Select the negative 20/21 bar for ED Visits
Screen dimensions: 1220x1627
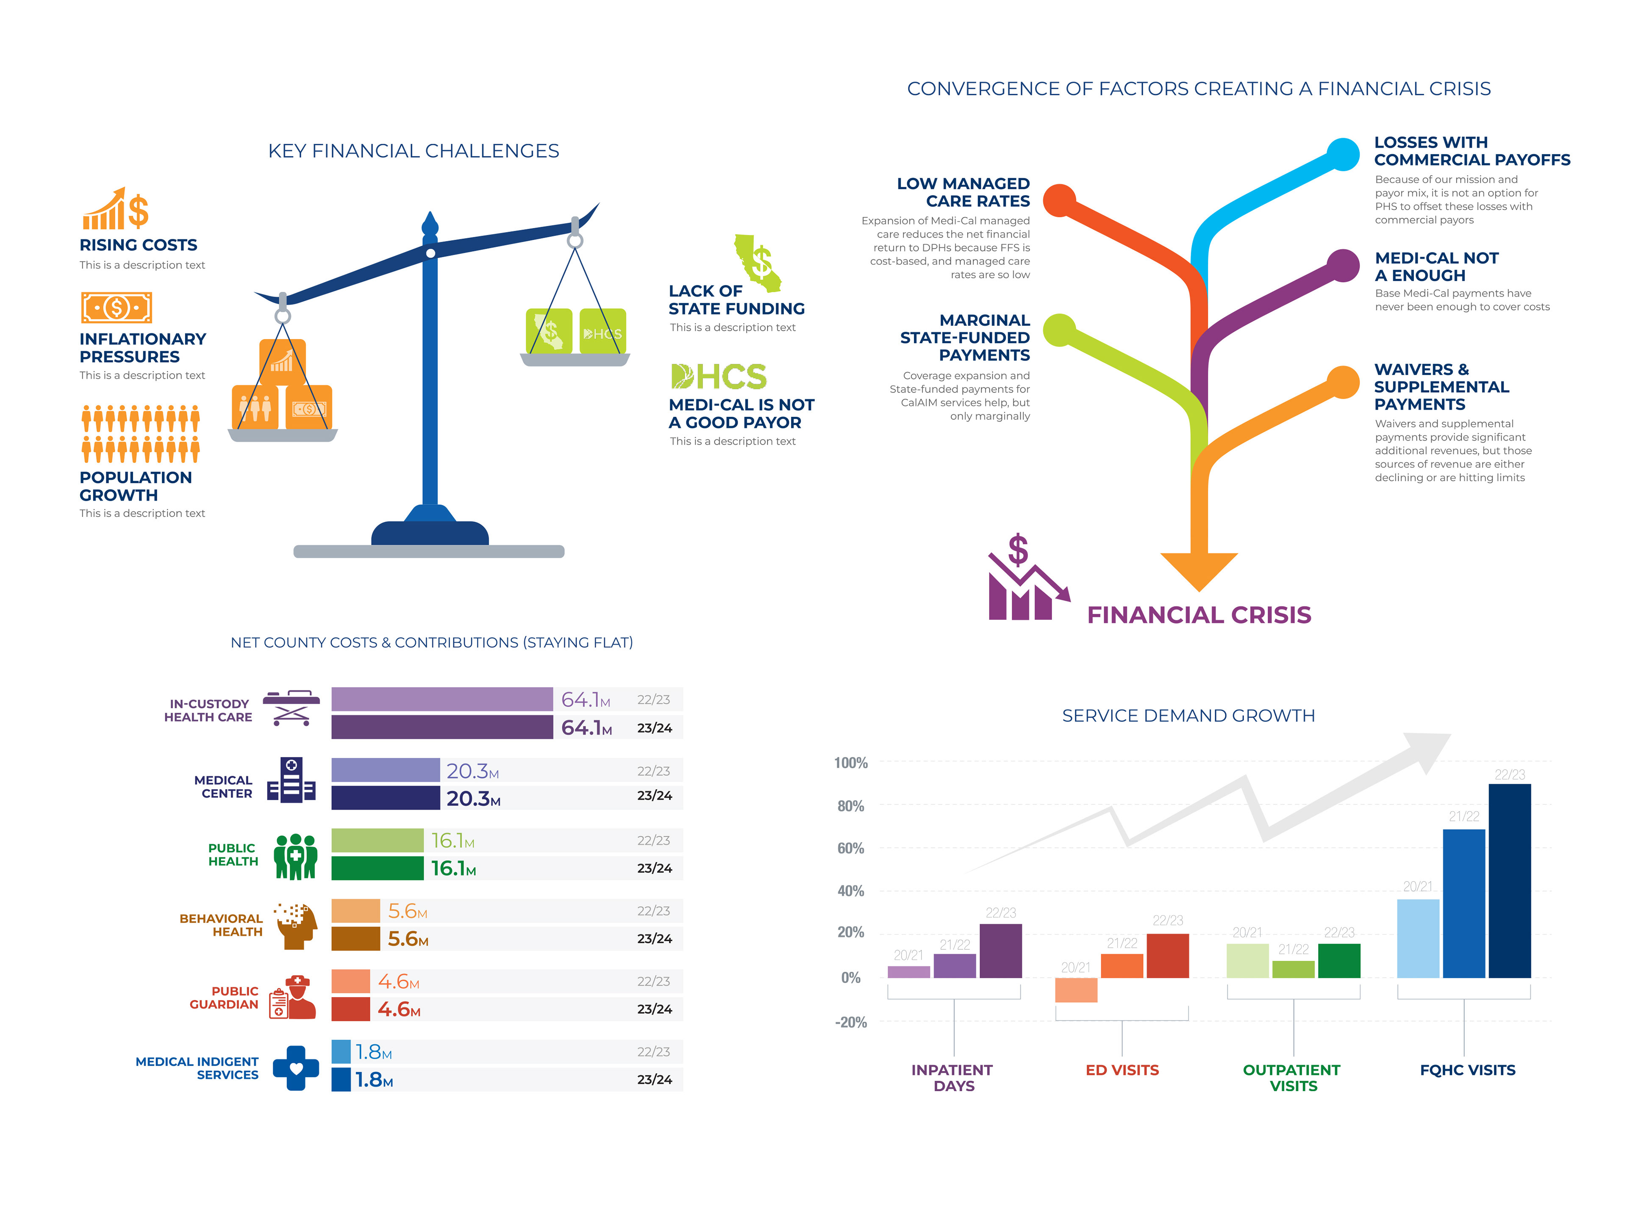click(1075, 990)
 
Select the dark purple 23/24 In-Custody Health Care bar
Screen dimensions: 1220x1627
click(441, 727)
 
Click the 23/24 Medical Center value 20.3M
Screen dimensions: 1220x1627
click(473, 799)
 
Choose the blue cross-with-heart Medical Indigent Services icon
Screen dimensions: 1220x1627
click(296, 1068)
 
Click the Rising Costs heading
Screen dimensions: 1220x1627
click(138, 245)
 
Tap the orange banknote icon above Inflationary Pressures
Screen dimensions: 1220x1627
click(116, 308)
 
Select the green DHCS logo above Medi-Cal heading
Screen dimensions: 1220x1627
click(719, 377)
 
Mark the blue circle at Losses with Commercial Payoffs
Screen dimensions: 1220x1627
click(1343, 155)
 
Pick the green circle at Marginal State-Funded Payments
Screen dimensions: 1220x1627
click(1059, 330)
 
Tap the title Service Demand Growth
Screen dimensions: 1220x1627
click(1188, 715)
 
